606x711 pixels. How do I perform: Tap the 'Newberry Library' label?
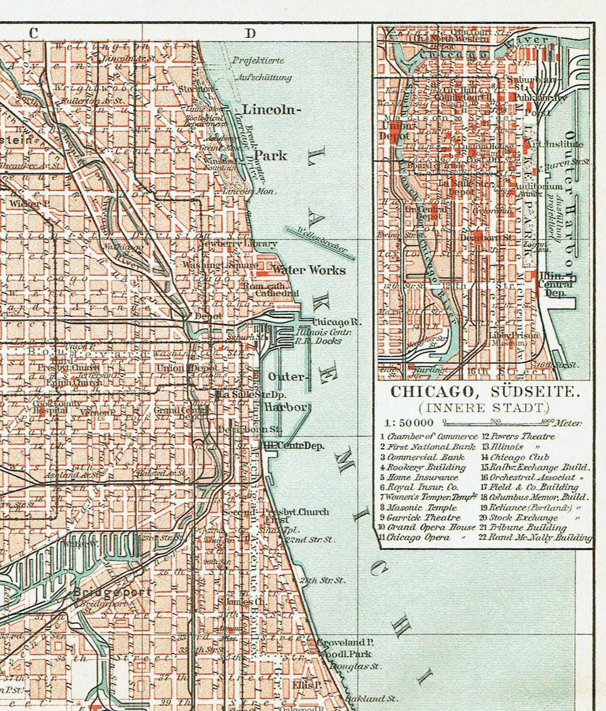pyautogui.click(x=238, y=244)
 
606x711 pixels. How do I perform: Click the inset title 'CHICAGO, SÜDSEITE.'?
pyautogui.click(x=483, y=392)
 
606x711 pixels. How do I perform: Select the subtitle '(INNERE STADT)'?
pyautogui.click(x=483, y=408)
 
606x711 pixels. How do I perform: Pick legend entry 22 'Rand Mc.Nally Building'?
pyautogui.click(x=536, y=538)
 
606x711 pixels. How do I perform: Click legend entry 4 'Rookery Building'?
pyautogui.click(x=423, y=467)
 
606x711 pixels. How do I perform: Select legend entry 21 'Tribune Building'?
pyautogui.click(x=524, y=528)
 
